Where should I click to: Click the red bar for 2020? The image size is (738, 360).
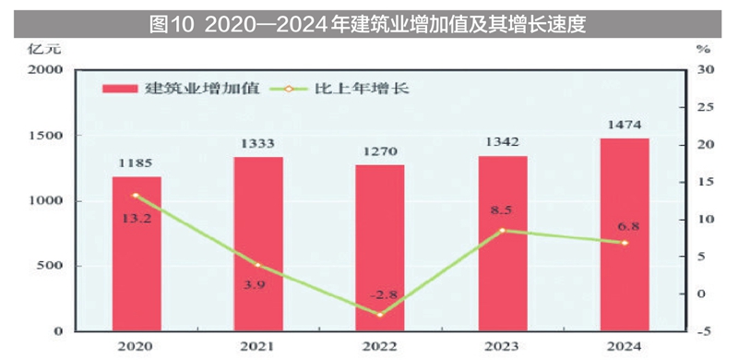(137, 253)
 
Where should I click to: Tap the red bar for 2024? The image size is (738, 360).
(625, 234)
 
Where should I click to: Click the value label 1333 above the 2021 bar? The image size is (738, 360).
(258, 143)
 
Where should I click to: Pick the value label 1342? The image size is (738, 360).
(503, 142)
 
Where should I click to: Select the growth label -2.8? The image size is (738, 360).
(381, 294)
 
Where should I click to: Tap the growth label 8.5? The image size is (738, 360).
(502, 210)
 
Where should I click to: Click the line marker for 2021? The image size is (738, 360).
(258, 265)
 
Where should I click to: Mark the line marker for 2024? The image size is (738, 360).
(625, 243)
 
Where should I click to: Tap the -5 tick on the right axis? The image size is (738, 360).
(705, 331)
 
